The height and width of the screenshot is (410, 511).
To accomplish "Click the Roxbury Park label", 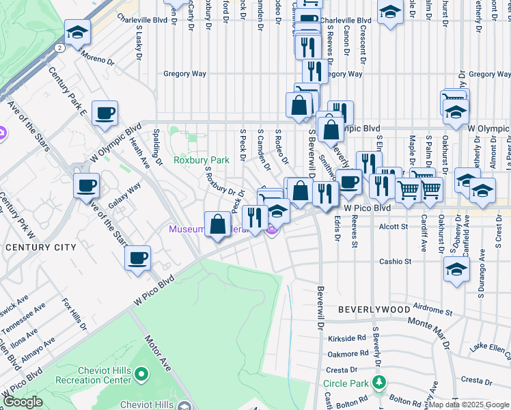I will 201,160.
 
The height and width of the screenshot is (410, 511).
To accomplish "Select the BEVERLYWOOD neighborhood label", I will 373,310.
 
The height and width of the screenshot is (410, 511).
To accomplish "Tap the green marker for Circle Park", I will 378,381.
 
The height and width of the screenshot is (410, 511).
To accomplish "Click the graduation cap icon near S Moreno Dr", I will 78,31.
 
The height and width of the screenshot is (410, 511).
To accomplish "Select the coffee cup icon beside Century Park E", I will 105,113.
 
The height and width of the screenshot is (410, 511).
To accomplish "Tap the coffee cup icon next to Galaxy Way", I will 87,185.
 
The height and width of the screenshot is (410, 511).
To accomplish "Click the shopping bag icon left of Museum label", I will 218,224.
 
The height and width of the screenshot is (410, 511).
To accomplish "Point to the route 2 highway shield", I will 60,48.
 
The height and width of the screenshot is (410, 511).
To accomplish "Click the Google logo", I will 22,402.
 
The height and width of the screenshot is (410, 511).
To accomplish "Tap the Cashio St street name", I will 396,261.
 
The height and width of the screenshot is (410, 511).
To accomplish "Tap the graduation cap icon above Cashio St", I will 456,269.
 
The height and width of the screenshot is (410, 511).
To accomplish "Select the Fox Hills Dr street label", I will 74,314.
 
